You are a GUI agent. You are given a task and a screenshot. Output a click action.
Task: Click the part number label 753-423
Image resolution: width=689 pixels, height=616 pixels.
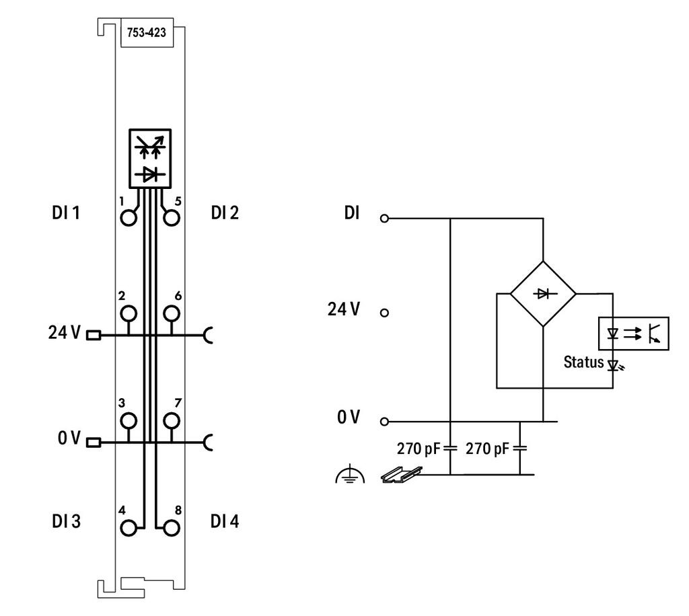146,32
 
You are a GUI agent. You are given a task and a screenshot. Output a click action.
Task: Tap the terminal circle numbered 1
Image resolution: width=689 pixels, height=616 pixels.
129,218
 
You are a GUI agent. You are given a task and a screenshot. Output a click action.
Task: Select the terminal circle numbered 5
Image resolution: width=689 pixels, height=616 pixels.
172,218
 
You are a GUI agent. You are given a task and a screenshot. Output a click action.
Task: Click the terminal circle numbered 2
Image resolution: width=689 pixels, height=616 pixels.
129,313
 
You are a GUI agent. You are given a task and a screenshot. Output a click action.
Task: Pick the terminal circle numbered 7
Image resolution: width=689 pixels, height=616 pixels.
172,420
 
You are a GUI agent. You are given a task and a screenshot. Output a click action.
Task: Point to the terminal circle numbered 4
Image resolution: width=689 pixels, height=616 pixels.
129,528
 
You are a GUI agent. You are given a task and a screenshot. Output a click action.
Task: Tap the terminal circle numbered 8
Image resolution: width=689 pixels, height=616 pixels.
172,528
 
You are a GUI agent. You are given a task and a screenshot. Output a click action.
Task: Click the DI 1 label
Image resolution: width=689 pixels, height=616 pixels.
66,213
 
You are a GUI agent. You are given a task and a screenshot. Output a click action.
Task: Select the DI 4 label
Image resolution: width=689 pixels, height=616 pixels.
225,521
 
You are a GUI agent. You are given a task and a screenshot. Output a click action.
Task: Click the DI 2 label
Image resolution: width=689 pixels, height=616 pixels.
225,213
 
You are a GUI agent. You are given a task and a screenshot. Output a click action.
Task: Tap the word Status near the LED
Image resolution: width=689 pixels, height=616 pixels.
583,362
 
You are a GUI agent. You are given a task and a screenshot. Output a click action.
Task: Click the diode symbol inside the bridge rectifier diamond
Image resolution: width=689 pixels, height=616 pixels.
543,293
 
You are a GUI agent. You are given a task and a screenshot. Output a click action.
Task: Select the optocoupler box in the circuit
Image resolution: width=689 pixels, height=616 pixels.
634,334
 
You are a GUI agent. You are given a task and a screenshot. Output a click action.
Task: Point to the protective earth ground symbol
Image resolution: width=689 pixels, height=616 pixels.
350,473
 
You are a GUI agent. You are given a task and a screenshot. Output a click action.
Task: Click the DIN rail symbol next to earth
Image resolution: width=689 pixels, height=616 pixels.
401,475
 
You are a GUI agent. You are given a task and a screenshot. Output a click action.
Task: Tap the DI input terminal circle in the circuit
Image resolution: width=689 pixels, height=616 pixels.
384,218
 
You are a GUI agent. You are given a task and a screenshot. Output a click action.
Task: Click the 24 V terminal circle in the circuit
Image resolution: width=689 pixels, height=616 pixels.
384,313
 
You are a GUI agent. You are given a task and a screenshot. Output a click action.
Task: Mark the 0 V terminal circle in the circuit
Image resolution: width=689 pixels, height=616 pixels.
384,422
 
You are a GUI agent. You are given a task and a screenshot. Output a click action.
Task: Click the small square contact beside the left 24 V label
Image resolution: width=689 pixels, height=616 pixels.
94,336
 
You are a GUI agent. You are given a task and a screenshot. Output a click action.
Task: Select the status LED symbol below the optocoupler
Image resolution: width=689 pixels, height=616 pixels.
615,364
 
